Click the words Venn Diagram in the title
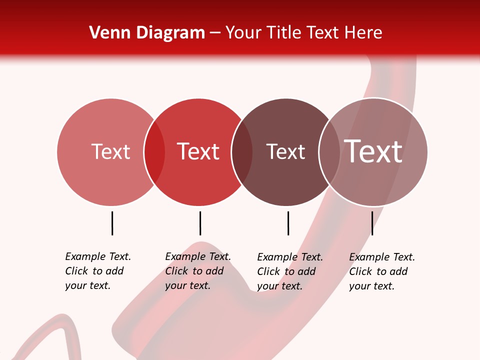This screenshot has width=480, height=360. pos(147,33)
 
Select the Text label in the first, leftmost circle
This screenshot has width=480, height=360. pos(110,151)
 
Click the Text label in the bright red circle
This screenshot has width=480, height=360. pos(198,151)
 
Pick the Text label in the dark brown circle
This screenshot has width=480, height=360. pos(285,151)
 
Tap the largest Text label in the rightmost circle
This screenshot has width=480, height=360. pos(373,151)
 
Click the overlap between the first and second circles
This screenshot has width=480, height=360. pos(154,152)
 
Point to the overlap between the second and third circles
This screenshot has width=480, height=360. pos(242,152)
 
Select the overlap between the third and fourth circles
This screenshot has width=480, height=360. pos(329,152)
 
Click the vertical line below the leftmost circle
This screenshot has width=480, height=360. pos(112,223)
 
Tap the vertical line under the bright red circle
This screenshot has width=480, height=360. pos(200,223)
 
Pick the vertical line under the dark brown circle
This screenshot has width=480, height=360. pos(288,223)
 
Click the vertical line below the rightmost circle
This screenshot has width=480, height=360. pos(372,223)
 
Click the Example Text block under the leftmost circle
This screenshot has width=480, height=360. pos(97,271)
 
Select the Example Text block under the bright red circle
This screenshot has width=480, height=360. pos(197,271)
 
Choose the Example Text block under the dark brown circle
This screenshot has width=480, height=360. pos(289,271)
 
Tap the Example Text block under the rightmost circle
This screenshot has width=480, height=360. pos(381,271)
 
